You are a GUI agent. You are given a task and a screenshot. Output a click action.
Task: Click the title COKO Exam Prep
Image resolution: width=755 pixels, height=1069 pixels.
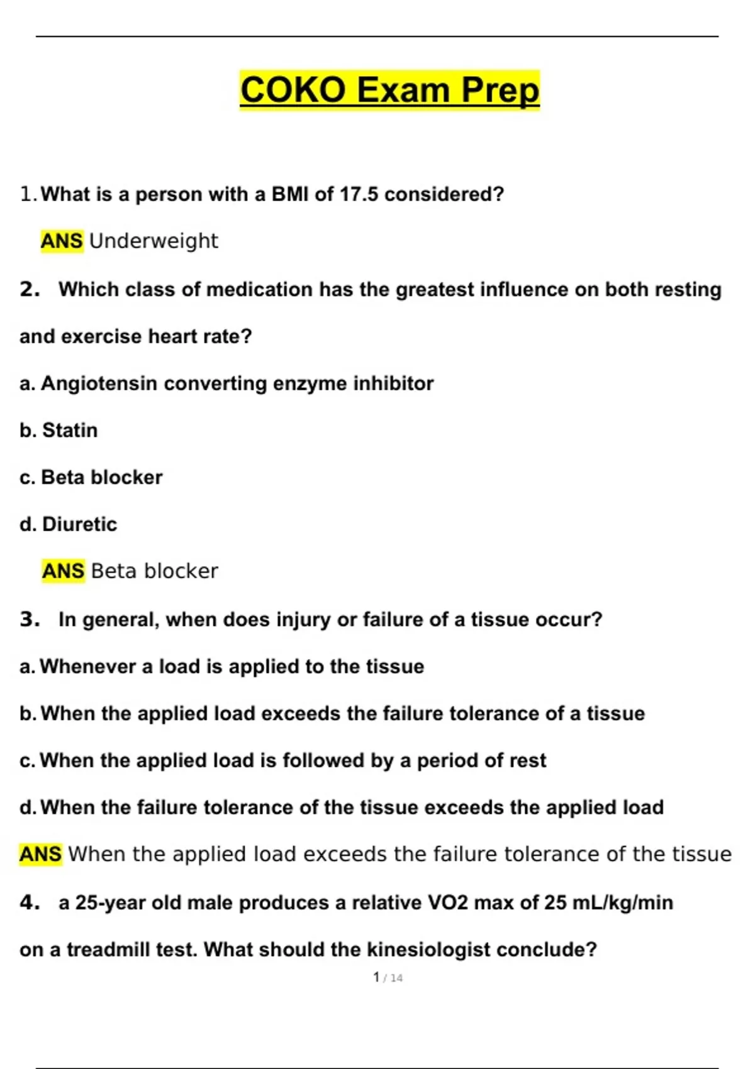click(x=389, y=90)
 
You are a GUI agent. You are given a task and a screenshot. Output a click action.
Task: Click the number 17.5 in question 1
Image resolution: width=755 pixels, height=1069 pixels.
click(x=359, y=194)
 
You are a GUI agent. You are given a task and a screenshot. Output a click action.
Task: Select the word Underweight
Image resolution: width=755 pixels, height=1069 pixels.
click(x=154, y=241)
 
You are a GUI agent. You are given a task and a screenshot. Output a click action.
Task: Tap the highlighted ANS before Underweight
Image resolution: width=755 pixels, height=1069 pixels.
click(x=62, y=241)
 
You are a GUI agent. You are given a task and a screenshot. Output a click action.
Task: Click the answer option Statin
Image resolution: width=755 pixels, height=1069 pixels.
click(x=70, y=430)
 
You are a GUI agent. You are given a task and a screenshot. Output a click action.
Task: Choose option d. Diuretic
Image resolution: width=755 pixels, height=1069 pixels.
click(x=69, y=524)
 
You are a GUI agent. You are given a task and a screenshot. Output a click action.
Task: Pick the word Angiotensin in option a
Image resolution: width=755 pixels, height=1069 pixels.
click(x=99, y=384)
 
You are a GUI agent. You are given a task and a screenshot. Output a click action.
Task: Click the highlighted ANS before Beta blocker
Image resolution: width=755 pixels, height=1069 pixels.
click(x=63, y=571)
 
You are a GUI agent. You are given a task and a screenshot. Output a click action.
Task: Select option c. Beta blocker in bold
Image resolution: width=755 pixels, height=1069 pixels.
click(x=91, y=477)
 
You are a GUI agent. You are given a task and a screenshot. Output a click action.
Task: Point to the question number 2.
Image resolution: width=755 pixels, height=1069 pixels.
click(x=30, y=289)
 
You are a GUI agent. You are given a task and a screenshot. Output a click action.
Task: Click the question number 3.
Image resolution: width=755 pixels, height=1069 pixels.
click(x=30, y=619)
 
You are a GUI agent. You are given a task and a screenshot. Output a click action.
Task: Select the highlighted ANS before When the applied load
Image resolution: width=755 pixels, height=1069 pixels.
click(x=41, y=854)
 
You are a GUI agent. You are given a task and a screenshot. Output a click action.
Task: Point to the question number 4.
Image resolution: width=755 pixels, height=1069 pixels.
click(x=30, y=903)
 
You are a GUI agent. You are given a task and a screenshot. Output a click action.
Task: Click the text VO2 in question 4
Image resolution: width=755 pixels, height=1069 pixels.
click(x=447, y=903)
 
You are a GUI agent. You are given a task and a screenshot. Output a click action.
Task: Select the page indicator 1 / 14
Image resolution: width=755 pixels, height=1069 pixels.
click(x=388, y=978)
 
